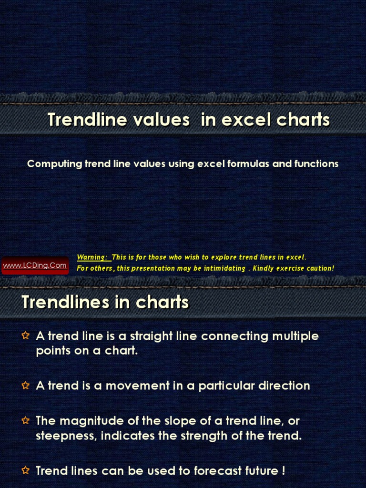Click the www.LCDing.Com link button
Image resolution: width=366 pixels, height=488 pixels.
click(x=35, y=265)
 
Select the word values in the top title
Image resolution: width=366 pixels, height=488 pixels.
click(x=162, y=120)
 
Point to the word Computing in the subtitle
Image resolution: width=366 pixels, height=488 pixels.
click(x=54, y=164)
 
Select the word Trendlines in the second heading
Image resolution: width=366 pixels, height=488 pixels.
click(x=61, y=302)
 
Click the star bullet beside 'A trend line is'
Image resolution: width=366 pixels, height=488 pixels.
click(x=26, y=336)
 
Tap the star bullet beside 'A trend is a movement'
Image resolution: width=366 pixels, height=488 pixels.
click(x=26, y=386)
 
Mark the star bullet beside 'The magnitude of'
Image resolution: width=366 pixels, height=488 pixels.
click(x=26, y=421)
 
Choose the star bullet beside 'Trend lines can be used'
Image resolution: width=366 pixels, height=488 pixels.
click(x=26, y=471)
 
